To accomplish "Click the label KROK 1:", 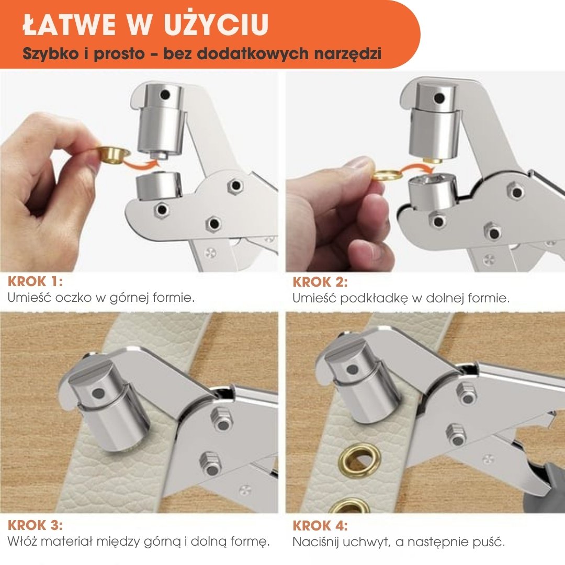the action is (36, 281).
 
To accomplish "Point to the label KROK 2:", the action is (320, 282).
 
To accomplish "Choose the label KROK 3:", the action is (36, 525).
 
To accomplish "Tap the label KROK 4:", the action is (320, 526).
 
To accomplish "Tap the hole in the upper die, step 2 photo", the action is (439, 98).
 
